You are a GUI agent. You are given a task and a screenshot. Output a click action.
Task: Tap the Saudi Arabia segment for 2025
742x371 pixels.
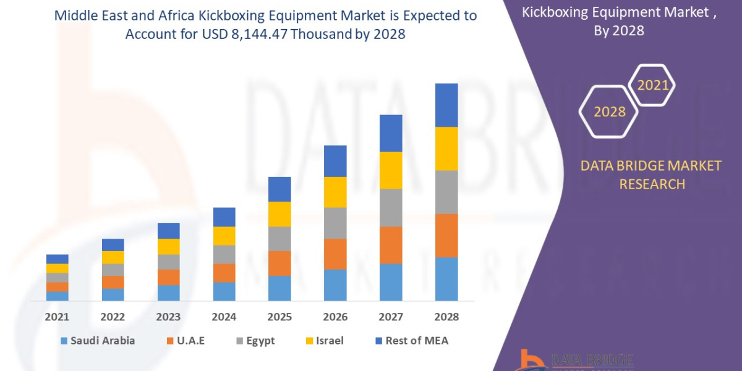279,288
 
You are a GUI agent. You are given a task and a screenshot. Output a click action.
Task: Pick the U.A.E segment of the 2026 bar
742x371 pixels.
335,254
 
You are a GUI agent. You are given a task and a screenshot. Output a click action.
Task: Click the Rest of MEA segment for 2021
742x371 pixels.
58,258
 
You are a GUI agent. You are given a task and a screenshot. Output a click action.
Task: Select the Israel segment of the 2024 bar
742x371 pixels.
224,236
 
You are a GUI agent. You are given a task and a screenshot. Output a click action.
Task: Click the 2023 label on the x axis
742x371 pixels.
168,317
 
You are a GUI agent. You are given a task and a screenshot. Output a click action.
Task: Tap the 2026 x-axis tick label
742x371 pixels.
335,317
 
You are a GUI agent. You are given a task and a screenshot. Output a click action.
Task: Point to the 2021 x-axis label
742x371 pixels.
58,317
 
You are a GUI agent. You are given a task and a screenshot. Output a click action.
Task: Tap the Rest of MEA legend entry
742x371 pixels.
411,341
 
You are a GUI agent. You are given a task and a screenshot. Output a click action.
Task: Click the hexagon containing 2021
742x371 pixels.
652,85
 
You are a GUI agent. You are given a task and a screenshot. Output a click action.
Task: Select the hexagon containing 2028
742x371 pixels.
609,112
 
